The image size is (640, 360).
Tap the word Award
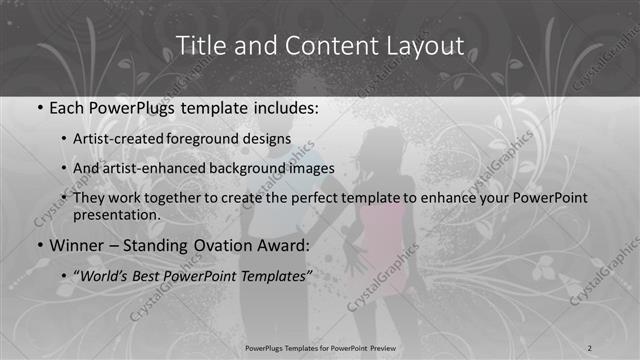point(283,243)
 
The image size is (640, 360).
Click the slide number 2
point(590,347)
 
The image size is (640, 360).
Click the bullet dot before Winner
point(38,244)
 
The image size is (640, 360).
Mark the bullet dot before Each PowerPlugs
point(38,107)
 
